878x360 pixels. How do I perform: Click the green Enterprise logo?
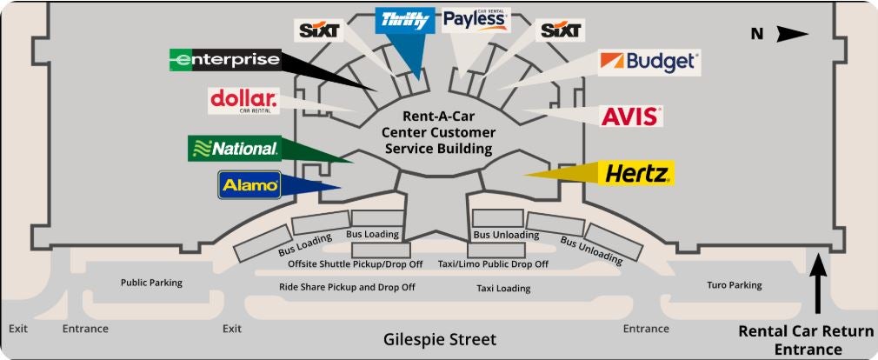click(x=224, y=60)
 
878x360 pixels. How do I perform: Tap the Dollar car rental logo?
click(x=243, y=100)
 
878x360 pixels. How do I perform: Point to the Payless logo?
click(x=475, y=19)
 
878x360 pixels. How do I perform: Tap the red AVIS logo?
click(x=632, y=116)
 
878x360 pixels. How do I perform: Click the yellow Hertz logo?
click(x=636, y=173)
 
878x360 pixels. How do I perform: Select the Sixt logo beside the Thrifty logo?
click(x=319, y=31)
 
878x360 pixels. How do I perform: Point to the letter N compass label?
click(x=757, y=35)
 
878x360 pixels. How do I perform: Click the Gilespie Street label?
click(x=440, y=339)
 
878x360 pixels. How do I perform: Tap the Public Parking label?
click(x=151, y=282)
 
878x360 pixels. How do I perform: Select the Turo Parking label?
click(x=734, y=284)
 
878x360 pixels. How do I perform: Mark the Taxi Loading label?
click(x=503, y=288)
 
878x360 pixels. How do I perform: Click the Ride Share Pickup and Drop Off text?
click(x=347, y=286)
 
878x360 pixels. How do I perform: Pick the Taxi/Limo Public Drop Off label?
click(x=492, y=264)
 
